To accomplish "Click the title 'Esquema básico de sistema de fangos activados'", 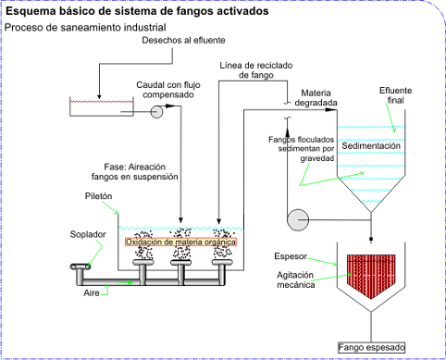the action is tap(137, 11).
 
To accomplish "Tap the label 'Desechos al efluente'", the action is tap(183, 40).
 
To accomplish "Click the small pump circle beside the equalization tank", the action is tap(156, 112).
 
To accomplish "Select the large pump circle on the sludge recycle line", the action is tap(298, 220).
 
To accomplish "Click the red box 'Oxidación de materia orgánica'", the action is tap(180, 242).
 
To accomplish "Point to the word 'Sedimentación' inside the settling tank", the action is tap(371, 145).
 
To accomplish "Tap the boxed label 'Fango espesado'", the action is tap(371, 348).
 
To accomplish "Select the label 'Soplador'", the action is tap(88, 234).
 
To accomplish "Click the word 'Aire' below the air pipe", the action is tap(92, 292).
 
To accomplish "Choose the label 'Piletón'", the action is tap(98, 196).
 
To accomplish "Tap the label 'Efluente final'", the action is tap(396, 95).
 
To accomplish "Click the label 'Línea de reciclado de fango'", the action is tap(256, 70).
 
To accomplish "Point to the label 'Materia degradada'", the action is tap(316, 98).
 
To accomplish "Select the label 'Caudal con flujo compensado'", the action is tap(168, 90).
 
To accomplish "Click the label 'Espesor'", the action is tap(291, 256).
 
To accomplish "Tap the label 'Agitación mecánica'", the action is tap(296, 279).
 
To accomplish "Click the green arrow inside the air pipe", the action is tap(126, 282).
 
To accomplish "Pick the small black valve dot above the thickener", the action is tap(371, 239).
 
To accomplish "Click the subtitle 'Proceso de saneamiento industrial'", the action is tap(85, 28).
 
